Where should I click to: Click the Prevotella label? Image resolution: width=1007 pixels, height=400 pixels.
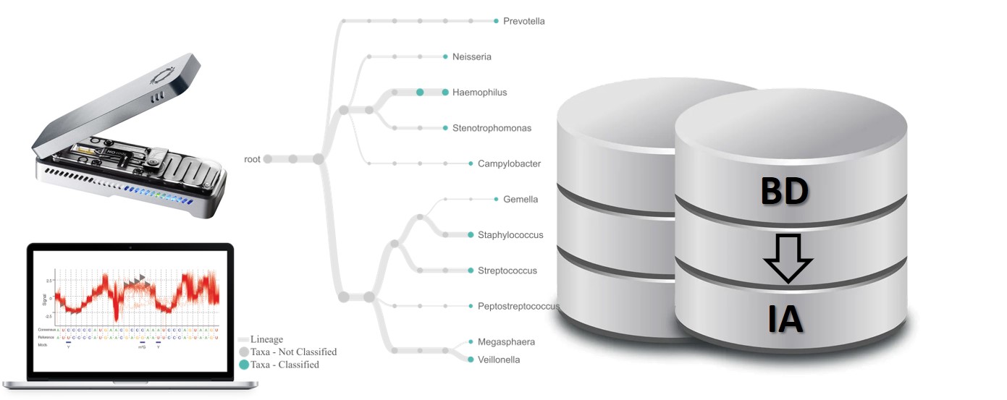(523, 22)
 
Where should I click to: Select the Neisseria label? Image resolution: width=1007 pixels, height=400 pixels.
(471, 57)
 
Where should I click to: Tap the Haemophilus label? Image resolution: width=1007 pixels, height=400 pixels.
(479, 93)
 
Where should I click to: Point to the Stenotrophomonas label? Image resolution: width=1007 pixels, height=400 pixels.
(492, 129)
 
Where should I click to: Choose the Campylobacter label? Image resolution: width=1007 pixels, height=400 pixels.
(509, 164)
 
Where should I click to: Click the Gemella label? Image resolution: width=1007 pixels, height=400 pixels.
(521, 200)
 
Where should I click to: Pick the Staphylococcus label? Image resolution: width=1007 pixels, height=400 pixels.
(510, 235)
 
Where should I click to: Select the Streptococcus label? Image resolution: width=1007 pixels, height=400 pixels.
(507, 271)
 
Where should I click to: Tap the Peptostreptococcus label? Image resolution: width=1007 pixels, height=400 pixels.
(518, 307)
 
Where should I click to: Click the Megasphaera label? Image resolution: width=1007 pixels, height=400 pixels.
(506, 342)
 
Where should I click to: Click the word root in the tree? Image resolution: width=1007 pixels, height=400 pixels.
(253, 159)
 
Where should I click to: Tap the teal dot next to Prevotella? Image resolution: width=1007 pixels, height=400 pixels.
(496, 21)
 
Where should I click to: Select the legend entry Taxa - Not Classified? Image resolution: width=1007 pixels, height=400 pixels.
(293, 352)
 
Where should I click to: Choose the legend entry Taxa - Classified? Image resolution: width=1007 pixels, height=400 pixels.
(285, 365)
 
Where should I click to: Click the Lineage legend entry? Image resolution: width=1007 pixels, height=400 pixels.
(266, 339)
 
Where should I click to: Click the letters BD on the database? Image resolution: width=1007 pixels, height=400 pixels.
(784, 192)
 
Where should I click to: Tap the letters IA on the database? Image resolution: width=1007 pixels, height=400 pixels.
(786, 319)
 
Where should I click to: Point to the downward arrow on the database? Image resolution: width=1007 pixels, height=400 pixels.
(788, 258)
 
